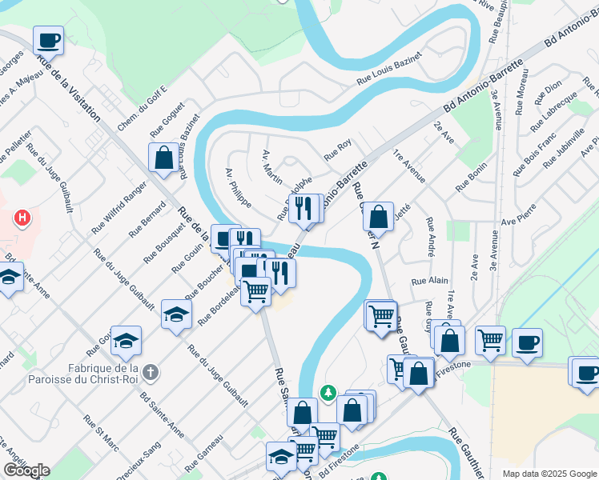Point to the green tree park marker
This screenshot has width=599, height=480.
tap(328, 393)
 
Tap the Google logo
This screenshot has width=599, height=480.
tap(26, 470)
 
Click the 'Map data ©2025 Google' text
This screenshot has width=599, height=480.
tap(549, 474)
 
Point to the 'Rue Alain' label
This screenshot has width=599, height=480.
tap(429, 281)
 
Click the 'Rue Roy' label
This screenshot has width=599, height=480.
tap(337, 148)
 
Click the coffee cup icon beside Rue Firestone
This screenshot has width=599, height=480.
tap(527, 342)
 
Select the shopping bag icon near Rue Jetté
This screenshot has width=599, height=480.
tap(378, 216)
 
